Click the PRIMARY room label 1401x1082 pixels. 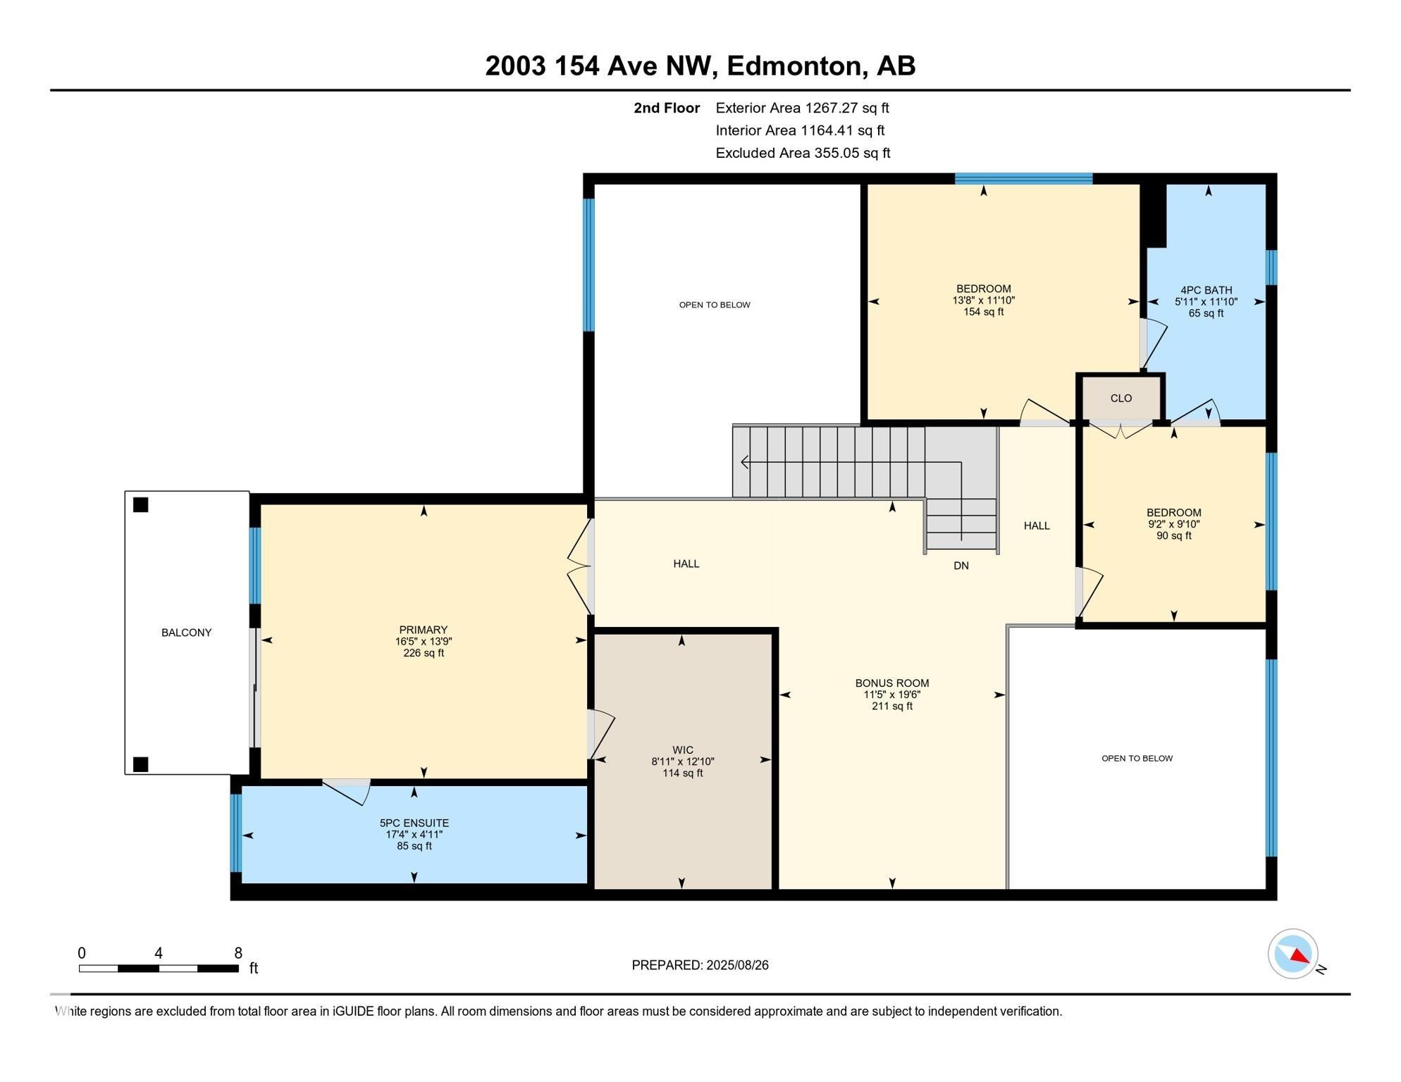(x=423, y=630)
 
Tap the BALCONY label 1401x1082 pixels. (x=186, y=633)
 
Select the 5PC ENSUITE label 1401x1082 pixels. (x=414, y=823)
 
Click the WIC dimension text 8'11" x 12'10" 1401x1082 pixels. (x=682, y=761)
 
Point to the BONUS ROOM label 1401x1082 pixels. (x=891, y=683)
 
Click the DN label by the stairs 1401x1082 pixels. (x=961, y=566)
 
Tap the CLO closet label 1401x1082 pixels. (x=1121, y=398)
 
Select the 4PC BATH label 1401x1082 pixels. (x=1206, y=290)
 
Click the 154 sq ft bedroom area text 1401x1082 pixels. (x=983, y=312)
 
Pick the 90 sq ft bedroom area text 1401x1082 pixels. (x=1173, y=536)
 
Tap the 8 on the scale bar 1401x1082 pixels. (x=238, y=953)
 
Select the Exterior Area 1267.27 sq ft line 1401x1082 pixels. (x=801, y=108)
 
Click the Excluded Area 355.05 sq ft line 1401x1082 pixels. (x=802, y=153)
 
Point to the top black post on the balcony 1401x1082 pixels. (x=140, y=504)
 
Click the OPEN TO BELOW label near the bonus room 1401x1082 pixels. (x=1136, y=758)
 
